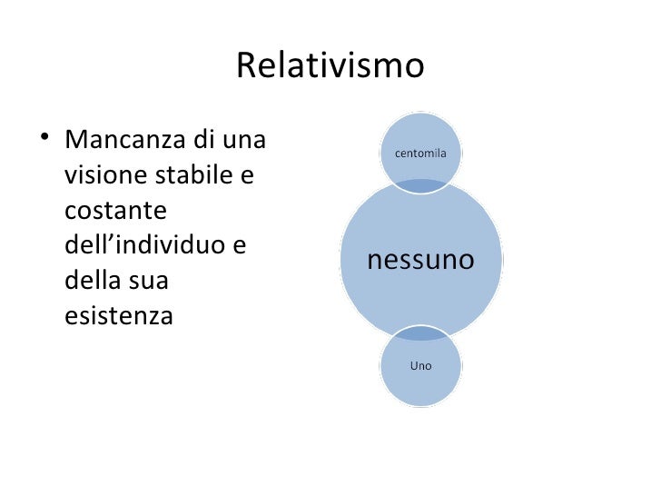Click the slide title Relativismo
pyautogui.click(x=330, y=65)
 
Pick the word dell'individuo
pyautogui.click(x=141, y=245)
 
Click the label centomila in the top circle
pyautogui.click(x=419, y=154)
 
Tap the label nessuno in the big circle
pyautogui.click(x=420, y=262)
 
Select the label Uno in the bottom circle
pyautogui.click(x=420, y=367)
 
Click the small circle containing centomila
pyautogui.click(x=419, y=136)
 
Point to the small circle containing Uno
pyautogui.click(x=420, y=382)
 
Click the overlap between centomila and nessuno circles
pyautogui.click(x=419, y=186)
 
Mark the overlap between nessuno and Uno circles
pyautogui.click(x=420, y=335)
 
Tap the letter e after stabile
pyautogui.click(x=247, y=176)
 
